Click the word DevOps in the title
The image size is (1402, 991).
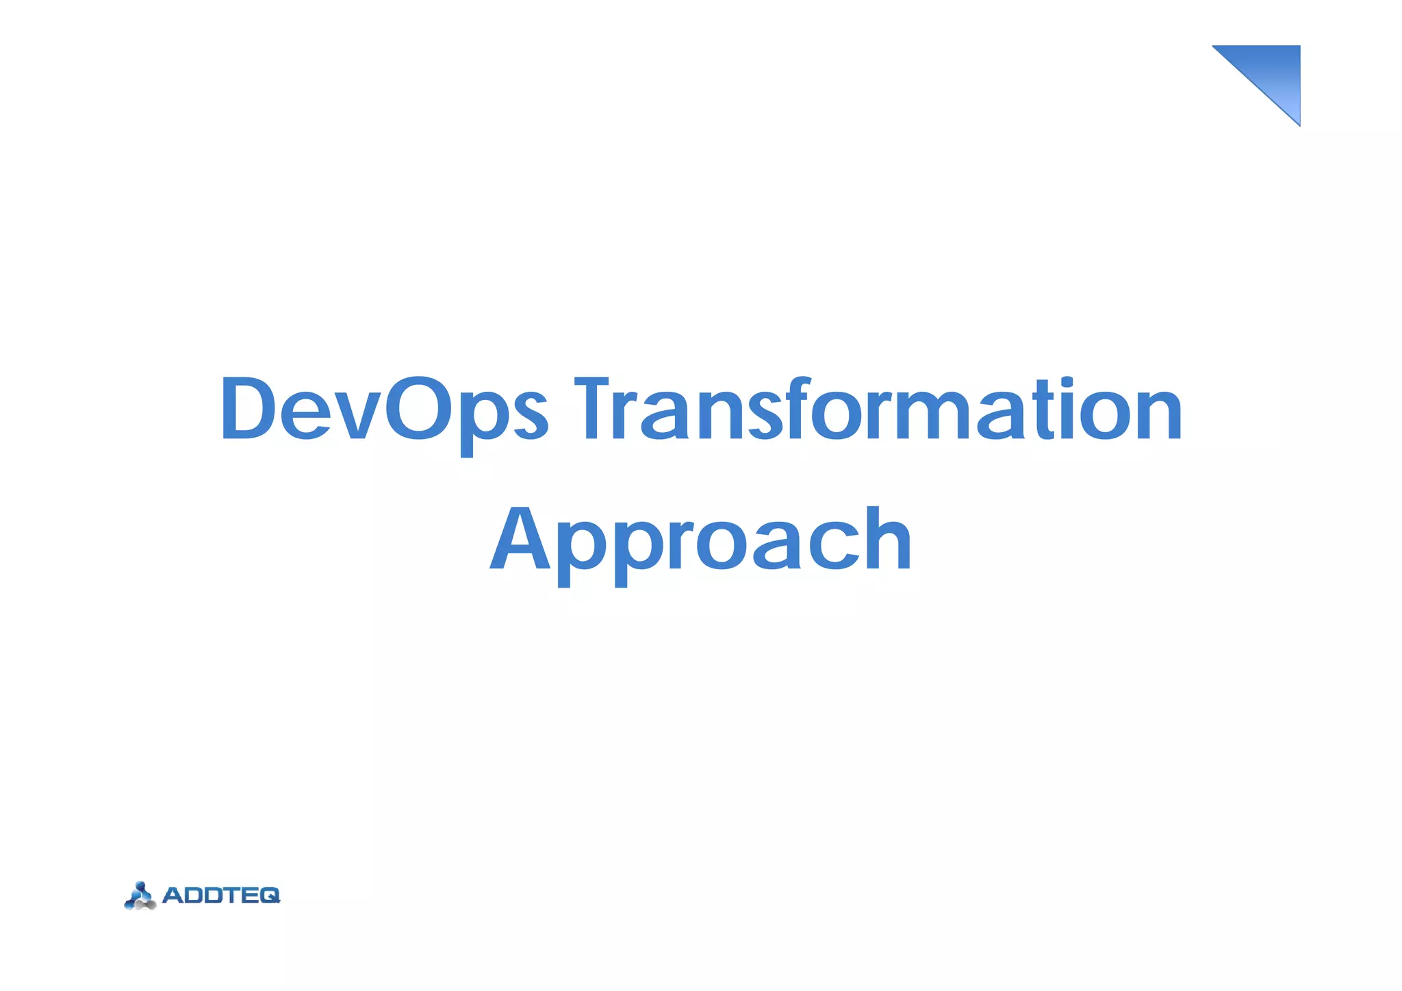tap(383, 410)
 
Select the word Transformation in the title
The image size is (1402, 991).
tap(878, 410)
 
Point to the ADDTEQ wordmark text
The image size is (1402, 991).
tap(220, 895)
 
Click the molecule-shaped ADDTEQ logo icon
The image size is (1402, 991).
tap(140, 896)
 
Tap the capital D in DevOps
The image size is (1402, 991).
tap(246, 410)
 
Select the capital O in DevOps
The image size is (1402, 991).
tap(418, 410)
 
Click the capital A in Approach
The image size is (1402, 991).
tap(520, 540)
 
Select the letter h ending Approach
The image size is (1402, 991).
tap(887, 540)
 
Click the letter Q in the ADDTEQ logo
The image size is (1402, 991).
tap(269, 895)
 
